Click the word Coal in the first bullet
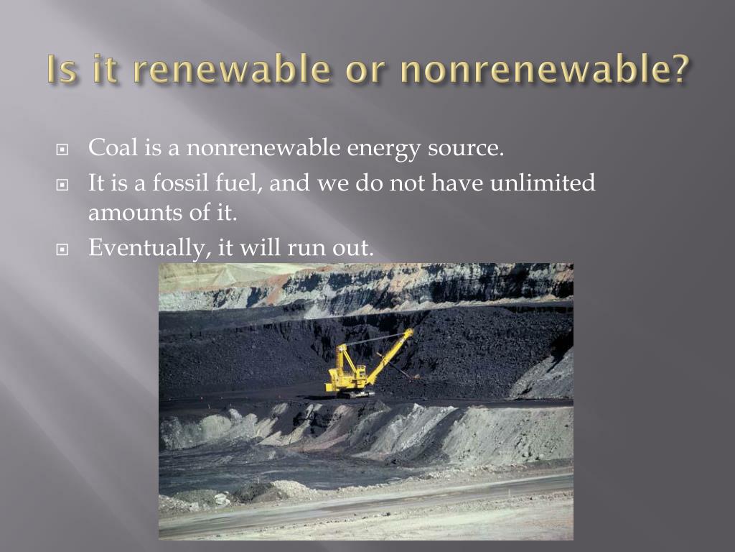113,147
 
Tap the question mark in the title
679,68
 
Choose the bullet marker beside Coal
62,149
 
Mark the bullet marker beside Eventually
62,249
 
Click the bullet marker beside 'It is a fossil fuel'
62,185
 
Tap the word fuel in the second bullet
238,183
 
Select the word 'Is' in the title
62,69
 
